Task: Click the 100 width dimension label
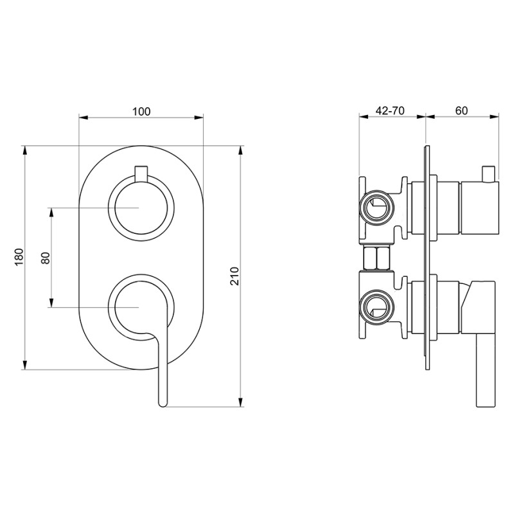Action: pos(141,111)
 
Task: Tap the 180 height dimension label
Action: pos(19,258)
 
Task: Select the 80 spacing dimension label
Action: pos(45,258)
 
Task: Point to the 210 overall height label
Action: pos(235,276)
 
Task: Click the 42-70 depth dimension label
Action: pos(390,111)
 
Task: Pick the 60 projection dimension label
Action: pos(461,111)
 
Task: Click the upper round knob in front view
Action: pos(141,208)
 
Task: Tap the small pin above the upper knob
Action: pos(141,173)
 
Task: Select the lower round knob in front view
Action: pos(141,307)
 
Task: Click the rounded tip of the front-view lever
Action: pos(163,403)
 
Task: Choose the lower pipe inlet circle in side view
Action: pos(376,306)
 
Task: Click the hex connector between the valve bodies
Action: pos(377,258)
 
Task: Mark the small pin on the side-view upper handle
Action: pos(488,173)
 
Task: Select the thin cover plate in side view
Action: pos(427,258)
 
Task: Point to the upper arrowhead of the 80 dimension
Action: pos(51,212)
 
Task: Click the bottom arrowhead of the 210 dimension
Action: pos(241,403)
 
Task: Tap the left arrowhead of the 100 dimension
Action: pos(84,118)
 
